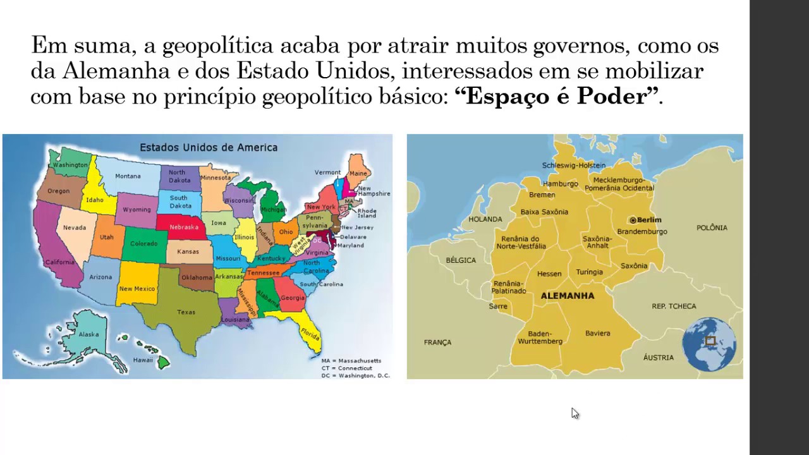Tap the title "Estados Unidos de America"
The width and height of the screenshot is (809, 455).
click(x=209, y=148)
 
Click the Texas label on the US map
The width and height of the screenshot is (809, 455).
click(x=186, y=312)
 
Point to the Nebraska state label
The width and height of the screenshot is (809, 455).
click(x=184, y=227)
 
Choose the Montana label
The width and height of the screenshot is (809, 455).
click(x=128, y=176)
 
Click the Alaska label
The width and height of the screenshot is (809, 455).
click(x=89, y=334)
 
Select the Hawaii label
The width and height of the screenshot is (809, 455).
click(x=143, y=360)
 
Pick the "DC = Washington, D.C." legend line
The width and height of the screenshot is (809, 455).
click(x=355, y=375)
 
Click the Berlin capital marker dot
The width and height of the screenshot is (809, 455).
click(x=633, y=220)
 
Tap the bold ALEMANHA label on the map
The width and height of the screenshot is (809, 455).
click(x=568, y=296)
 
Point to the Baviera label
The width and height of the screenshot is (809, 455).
click(x=597, y=333)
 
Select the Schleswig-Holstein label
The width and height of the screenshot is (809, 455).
click(x=573, y=166)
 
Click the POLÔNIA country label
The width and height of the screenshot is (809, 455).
click(x=712, y=227)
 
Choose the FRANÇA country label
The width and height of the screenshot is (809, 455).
click(x=437, y=343)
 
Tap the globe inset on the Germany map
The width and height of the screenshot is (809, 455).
click(x=709, y=344)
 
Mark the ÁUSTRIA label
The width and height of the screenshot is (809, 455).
click(x=658, y=358)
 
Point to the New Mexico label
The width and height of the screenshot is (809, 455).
click(x=137, y=289)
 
